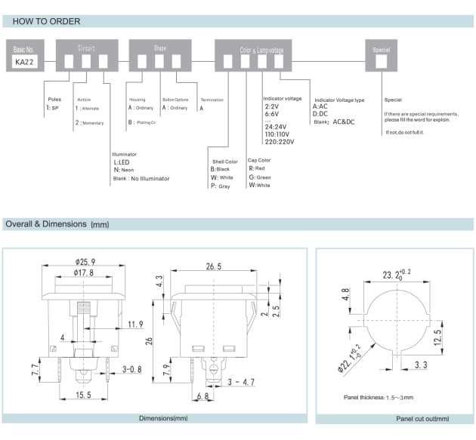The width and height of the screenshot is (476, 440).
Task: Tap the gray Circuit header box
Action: coord(87,48)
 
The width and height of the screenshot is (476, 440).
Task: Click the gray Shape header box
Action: coord(159,48)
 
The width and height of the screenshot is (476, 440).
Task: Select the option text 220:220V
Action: coord(279,141)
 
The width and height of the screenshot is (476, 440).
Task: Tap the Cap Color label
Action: coord(259,160)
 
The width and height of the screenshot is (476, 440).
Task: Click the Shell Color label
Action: coord(224,161)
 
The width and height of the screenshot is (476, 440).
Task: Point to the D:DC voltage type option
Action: coord(320,114)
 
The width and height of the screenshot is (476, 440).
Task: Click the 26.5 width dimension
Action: coord(213,266)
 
